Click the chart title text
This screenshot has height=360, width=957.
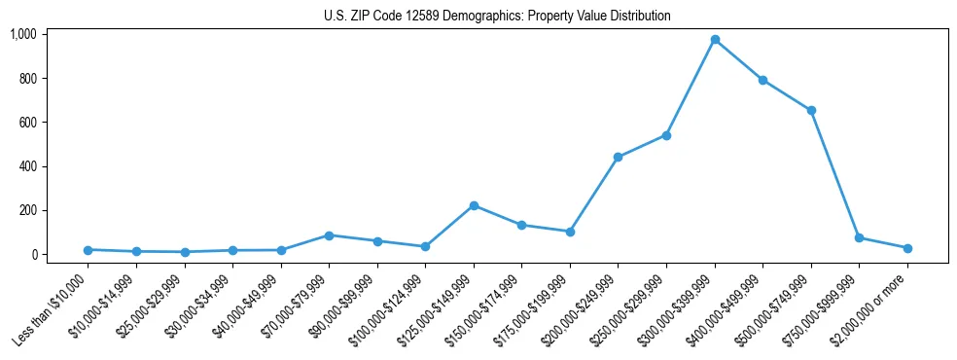(x=497, y=17)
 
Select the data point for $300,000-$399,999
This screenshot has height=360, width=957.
(x=715, y=40)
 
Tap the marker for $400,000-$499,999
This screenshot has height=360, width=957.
(x=762, y=80)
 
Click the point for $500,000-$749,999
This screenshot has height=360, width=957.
(x=811, y=110)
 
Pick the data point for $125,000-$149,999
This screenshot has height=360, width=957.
(x=474, y=205)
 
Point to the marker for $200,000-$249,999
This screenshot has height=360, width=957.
(x=618, y=157)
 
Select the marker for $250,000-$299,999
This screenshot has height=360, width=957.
(x=666, y=135)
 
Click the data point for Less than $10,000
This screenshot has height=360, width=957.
(x=88, y=250)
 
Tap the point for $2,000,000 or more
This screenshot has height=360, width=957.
(x=907, y=248)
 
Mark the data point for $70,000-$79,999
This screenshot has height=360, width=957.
(x=329, y=235)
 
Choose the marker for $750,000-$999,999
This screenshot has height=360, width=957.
(x=859, y=237)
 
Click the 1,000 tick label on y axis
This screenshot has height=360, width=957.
(x=22, y=34)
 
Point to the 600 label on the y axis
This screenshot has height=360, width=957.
(x=26, y=123)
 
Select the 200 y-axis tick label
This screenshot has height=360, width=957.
(x=26, y=210)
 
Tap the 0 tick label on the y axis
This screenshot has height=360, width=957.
(x=33, y=255)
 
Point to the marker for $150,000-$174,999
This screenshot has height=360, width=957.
(x=521, y=225)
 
